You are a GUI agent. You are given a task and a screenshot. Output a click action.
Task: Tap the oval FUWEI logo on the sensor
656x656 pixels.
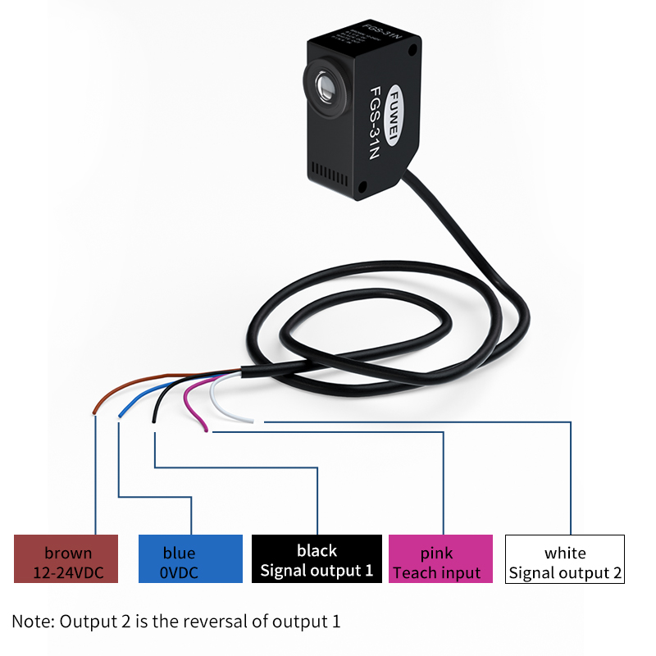pyautogui.click(x=393, y=115)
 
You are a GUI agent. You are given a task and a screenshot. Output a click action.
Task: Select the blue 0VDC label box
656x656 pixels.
pyautogui.click(x=190, y=558)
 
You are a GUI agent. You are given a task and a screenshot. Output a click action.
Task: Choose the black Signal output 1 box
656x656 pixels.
pyautogui.click(x=317, y=558)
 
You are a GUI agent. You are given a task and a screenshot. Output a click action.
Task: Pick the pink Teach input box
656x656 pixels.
pyautogui.click(x=440, y=558)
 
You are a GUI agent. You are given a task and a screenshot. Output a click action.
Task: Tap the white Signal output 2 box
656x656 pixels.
pyautogui.click(x=565, y=558)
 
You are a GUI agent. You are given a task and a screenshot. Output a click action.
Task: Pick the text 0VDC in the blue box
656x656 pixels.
pyautogui.click(x=180, y=572)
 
